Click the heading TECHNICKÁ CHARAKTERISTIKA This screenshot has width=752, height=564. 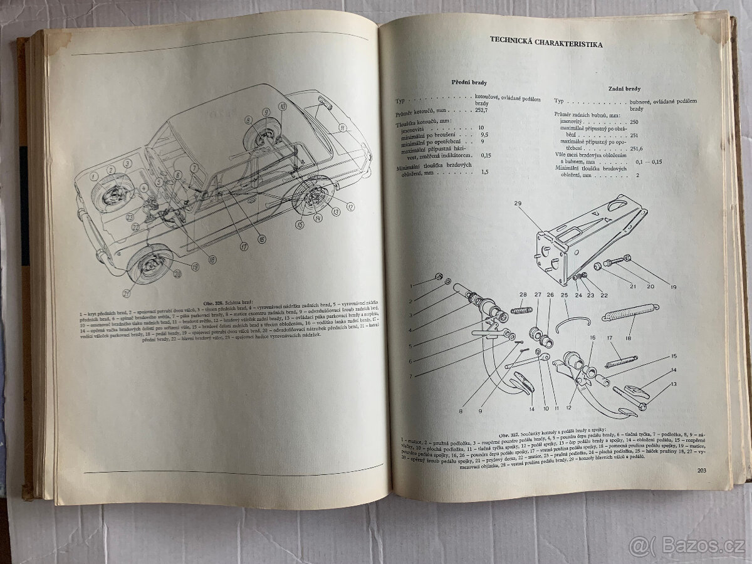(x=546, y=44)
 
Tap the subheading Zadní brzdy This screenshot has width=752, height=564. (x=624, y=89)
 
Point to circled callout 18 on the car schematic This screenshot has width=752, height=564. (x=212, y=259)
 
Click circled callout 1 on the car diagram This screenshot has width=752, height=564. (x=95, y=168)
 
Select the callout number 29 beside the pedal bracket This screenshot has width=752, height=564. (x=518, y=203)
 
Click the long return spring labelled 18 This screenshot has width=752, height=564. (x=630, y=311)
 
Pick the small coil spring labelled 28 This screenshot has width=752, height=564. (x=520, y=310)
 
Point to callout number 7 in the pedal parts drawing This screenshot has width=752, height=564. (x=410, y=376)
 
